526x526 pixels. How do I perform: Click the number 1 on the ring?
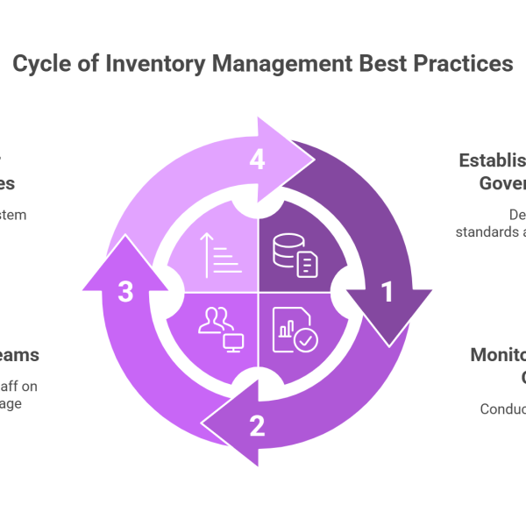coord(386,293)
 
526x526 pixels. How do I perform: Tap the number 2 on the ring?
coord(256,426)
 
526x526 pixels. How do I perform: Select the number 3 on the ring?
coord(125,293)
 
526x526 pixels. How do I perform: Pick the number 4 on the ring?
coord(256,160)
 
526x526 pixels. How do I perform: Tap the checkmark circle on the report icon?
coord(305,339)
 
